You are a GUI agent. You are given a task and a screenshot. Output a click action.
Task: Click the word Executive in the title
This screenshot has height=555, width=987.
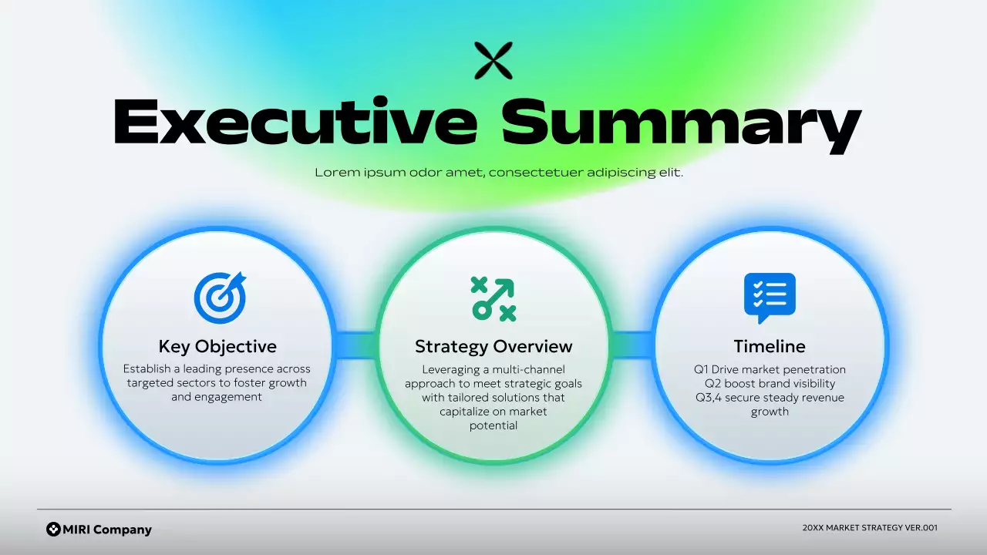(295, 122)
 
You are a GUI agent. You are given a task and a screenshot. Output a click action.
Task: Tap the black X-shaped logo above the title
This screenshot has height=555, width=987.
(493, 61)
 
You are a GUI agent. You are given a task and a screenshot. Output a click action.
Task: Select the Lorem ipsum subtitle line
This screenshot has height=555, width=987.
(499, 173)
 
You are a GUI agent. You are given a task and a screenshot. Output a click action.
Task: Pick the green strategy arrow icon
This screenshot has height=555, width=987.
(493, 298)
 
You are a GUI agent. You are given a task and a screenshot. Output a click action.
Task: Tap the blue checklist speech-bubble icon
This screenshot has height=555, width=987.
(770, 297)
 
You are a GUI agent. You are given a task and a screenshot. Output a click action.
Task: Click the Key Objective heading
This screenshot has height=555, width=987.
(217, 346)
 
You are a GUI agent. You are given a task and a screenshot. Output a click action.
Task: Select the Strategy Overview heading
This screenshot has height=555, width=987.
(493, 346)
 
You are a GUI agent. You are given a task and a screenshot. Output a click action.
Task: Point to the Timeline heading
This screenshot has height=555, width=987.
(770, 346)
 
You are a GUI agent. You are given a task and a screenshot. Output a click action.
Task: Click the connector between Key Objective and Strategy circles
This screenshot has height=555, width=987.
(355, 345)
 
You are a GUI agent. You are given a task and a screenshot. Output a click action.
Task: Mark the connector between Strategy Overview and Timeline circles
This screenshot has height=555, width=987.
(632, 345)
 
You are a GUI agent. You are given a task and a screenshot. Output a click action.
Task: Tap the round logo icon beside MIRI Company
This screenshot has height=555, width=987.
(53, 529)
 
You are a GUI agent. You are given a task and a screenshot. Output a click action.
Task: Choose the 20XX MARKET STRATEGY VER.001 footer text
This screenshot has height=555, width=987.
(870, 528)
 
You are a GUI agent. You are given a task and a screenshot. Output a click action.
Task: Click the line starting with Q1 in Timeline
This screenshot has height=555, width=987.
(770, 370)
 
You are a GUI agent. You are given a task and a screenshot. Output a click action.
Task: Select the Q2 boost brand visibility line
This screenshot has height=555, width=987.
(770, 384)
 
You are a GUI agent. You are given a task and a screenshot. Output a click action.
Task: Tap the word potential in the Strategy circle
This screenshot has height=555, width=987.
(493, 425)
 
